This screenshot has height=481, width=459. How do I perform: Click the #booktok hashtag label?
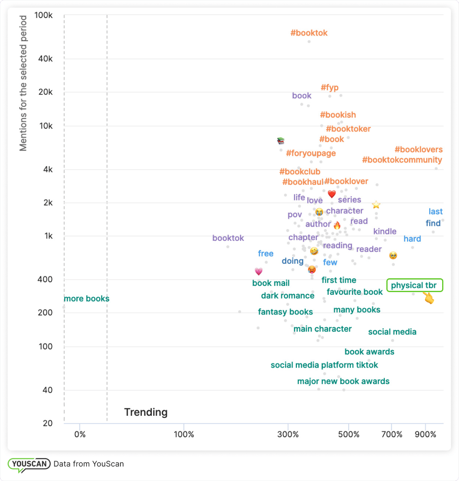click(x=309, y=33)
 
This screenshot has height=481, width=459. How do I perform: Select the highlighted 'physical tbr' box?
click(x=415, y=285)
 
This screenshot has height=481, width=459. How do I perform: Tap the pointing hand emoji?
click(x=428, y=298)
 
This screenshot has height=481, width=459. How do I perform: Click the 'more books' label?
click(x=86, y=299)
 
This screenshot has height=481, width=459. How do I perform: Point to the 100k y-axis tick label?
click(x=43, y=15)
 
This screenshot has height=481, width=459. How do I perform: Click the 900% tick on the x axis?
click(x=425, y=434)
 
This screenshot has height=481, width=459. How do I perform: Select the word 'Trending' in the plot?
click(x=146, y=412)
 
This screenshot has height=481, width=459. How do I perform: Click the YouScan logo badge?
click(x=29, y=464)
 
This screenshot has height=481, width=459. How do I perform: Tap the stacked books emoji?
click(x=281, y=141)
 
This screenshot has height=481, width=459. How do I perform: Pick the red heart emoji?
click(x=332, y=194)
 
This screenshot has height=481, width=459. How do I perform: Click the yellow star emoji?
click(x=376, y=205)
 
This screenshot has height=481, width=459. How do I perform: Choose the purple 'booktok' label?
click(x=228, y=238)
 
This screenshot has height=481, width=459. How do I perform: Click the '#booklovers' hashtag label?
click(x=418, y=149)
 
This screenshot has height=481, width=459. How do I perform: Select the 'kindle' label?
click(x=385, y=231)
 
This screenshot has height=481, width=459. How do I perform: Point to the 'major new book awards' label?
click(x=343, y=381)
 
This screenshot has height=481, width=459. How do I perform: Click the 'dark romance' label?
click(x=288, y=296)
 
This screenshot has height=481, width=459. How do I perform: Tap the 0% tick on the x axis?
click(x=80, y=434)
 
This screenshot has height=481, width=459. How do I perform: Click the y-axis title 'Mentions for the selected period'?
click(x=23, y=83)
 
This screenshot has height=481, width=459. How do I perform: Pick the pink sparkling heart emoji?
click(x=259, y=271)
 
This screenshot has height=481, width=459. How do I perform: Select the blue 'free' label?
click(x=266, y=253)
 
